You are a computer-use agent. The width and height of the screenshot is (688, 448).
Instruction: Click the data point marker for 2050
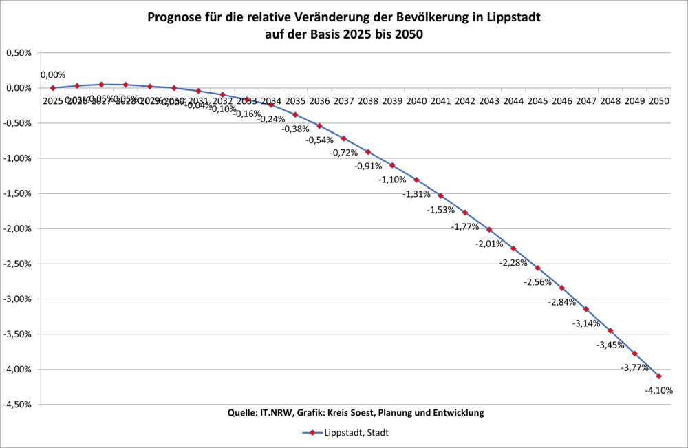(x=659, y=376)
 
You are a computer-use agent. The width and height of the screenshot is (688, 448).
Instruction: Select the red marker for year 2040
(x=416, y=180)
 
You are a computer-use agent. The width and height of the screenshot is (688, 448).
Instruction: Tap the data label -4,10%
(x=659, y=391)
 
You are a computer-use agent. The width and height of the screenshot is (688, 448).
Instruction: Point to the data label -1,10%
(x=392, y=180)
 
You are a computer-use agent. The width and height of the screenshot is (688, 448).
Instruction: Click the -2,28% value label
(x=513, y=263)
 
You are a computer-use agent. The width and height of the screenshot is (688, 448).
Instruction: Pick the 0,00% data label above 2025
(x=53, y=75)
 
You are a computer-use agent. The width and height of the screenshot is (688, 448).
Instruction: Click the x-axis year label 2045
(x=538, y=101)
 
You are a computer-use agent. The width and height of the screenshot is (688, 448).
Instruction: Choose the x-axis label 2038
(x=368, y=101)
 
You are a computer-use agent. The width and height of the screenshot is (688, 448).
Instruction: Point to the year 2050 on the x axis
(x=659, y=101)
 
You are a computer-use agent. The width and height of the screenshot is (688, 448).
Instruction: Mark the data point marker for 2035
(x=295, y=114)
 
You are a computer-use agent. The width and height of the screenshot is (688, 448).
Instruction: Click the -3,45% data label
(x=610, y=345)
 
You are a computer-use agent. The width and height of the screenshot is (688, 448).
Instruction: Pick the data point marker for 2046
(x=562, y=288)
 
